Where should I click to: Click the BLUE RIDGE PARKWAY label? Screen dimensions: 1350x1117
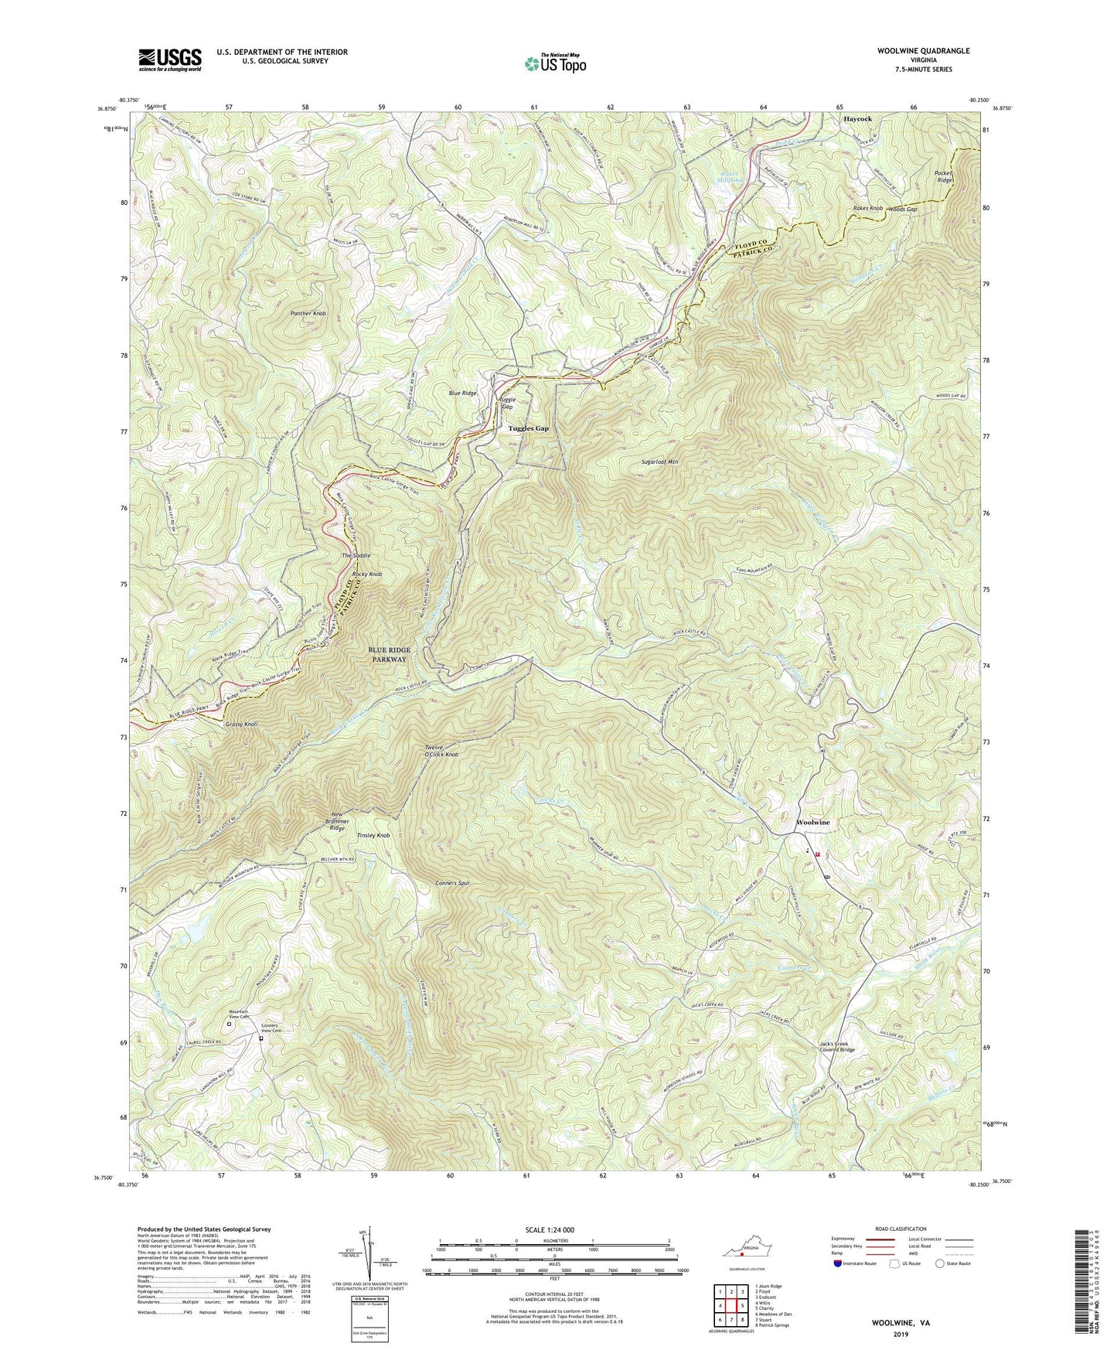tap(389, 655)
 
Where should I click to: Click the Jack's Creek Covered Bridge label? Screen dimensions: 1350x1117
tap(837, 1046)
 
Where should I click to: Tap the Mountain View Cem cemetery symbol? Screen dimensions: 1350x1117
tap(229, 1024)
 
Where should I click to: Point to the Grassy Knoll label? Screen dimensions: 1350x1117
tap(242, 724)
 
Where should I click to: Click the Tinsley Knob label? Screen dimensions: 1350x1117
tap(373, 836)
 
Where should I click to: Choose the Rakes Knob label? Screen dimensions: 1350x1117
tap(867, 209)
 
